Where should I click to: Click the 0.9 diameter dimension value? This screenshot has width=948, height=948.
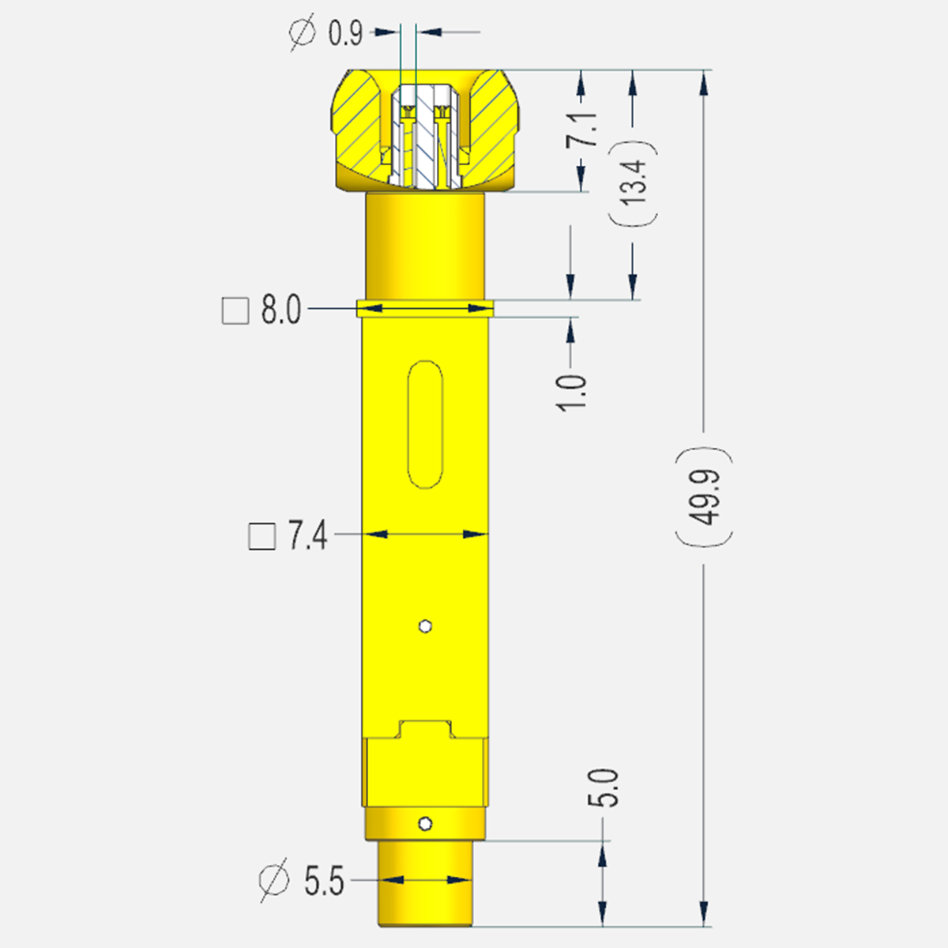point(345,34)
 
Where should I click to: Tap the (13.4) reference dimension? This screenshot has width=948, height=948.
point(633,182)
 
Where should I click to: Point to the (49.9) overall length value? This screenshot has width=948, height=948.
point(704,498)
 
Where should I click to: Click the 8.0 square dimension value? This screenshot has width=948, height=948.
point(280,310)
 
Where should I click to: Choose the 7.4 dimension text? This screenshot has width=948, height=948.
point(307,536)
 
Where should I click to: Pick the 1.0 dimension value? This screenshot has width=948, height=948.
point(572,393)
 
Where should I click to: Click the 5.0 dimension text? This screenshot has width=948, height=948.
point(604,788)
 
